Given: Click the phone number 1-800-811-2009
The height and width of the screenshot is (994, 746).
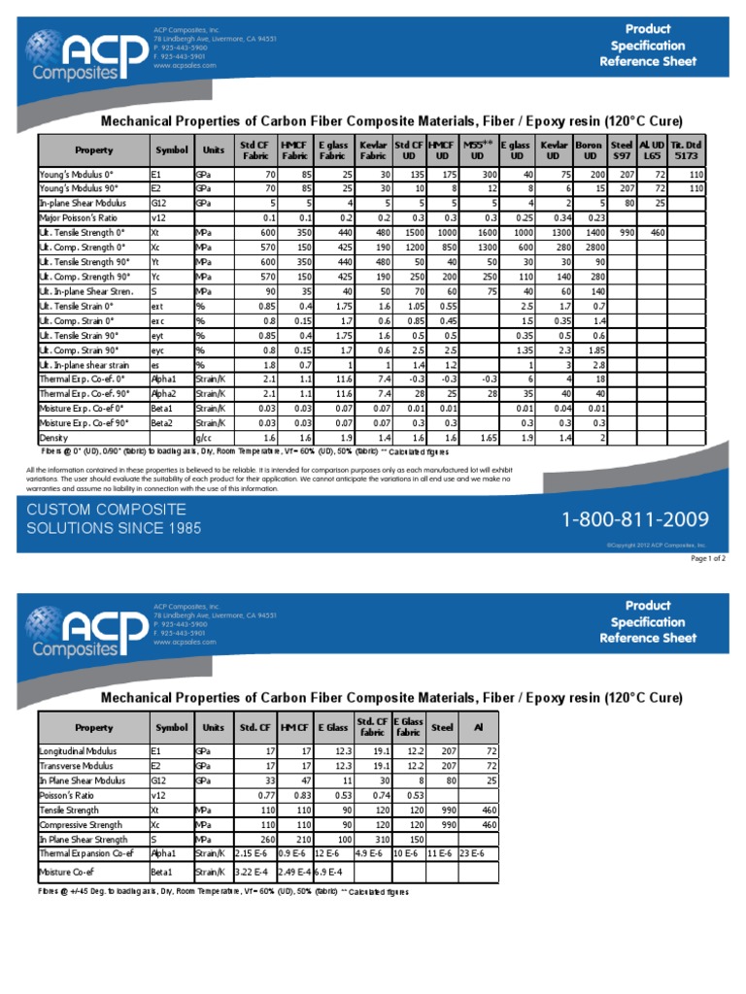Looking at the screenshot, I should coord(635,520).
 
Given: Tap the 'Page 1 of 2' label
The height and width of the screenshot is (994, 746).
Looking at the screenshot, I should coord(707,559).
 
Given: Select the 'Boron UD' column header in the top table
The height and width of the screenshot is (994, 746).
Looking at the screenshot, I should coord(588,150).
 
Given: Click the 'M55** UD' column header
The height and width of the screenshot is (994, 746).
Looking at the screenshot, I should coord(478,150).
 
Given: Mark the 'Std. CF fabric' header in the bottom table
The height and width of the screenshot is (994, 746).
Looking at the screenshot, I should coord(372,726).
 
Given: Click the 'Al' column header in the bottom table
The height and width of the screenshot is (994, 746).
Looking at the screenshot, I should coord(477,726).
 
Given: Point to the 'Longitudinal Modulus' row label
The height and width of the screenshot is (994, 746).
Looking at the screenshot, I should coord(78,750).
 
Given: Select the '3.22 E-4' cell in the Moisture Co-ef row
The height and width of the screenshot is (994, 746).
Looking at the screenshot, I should coord(255,873).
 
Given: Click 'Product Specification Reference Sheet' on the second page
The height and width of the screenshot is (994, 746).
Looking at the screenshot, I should coord(647,621).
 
